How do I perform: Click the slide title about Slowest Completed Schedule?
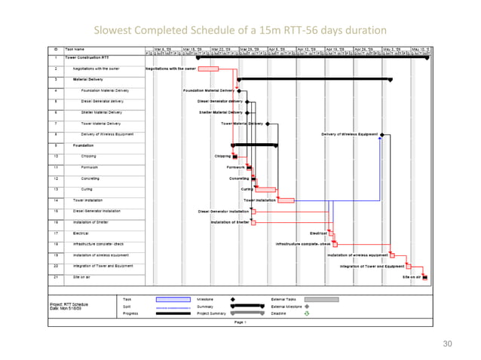point(240,30)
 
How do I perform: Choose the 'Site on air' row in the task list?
point(81,277)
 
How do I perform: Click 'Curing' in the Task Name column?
point(87,189)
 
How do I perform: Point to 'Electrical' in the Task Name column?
point(81,233)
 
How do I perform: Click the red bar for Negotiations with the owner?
point(207,69)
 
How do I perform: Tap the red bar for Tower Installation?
point(286,200)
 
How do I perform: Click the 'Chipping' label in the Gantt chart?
point(222,157)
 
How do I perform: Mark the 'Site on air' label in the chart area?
point(412,278)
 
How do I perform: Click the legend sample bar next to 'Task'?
point(173,299)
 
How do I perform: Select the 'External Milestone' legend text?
point(286,307)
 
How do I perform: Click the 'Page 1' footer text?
point(240,322)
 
